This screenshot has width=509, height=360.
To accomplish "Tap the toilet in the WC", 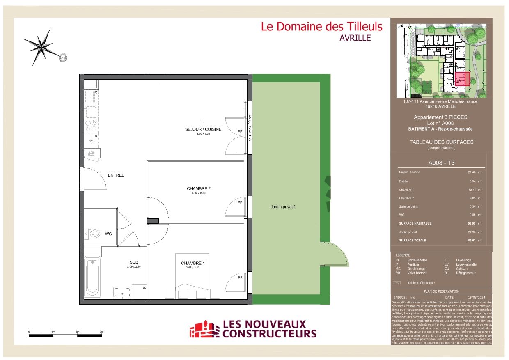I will (x=93, y=234).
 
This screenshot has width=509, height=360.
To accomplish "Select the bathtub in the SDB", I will (x=93, y=278).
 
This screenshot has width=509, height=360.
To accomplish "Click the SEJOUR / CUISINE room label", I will (x=203, y=129).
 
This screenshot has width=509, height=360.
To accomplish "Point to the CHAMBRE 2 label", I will (x=199, y=189).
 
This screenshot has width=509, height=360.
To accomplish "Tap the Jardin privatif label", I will (x=282, y=207).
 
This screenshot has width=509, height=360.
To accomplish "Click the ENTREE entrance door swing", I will (x=95, y=180).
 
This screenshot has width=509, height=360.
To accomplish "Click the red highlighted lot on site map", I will (x=462, y=78).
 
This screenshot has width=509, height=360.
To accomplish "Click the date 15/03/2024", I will (x=476, y=298).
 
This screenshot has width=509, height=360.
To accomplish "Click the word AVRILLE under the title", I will (x=355, y=38).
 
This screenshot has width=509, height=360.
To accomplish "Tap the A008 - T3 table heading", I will (x=441, y=163).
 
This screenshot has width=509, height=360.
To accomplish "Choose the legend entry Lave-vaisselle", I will (x=466, y=265).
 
